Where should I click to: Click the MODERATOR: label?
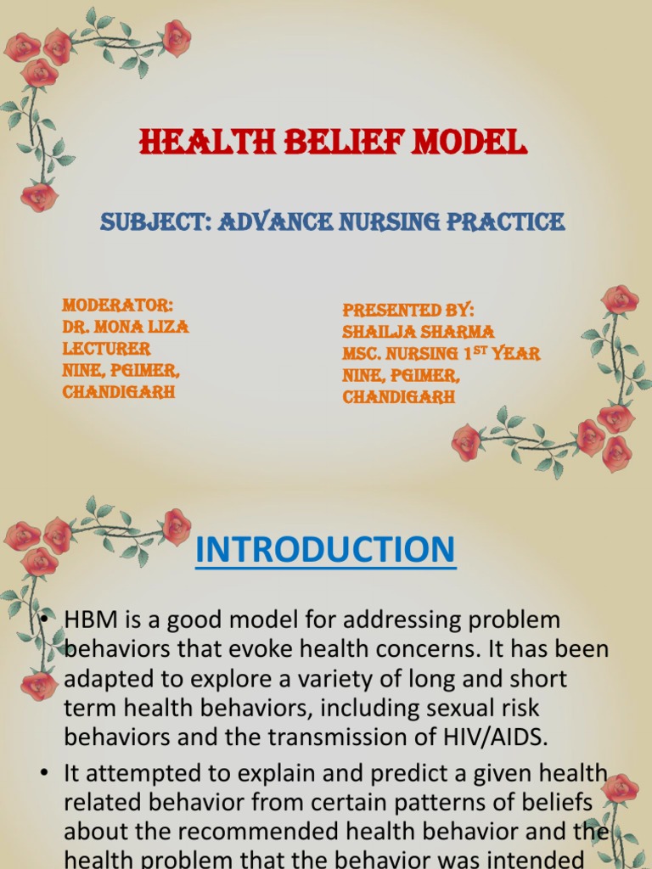tap(118, 306)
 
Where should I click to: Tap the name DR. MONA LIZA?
tap(126, 327)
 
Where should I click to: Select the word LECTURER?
tap(106, 349)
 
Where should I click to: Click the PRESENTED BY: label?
tap(408, 310)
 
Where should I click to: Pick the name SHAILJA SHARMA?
tap(418, 332)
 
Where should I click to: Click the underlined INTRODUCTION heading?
tap(325, 550)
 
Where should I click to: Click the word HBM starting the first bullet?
tap(91, 620)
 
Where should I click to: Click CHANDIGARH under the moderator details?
tap(119, 393)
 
